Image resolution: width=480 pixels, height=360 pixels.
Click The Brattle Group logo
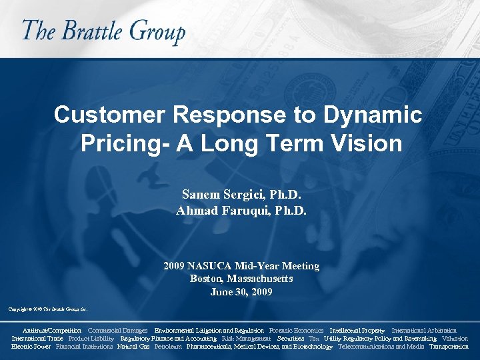pyautogui.click(x=103, y=32)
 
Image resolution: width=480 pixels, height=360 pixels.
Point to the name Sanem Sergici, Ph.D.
pyautogui.click(x=241, y=195)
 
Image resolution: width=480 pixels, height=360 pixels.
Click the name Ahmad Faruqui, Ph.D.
pyautogui.click(x=241, y=211)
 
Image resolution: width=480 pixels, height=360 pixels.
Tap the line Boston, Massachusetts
pyautogui.click(x=241, y=279)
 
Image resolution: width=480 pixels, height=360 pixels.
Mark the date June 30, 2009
pyautogui.click(x=241, y=292)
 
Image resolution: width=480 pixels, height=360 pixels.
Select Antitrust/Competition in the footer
pyautogui.click(x=52, y=331)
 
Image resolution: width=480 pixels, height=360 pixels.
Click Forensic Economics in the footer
pyautogui.click(x=296, y=331)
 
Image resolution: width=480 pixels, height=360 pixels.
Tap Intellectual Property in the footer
pyautogui.click(x=357, y=331)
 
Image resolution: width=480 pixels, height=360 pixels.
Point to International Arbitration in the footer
pyautogui.click(x=424, y=331)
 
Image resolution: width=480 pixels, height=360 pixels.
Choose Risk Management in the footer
pyautogui.click(x=246, y=339)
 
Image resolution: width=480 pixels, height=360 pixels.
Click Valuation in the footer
pyautogui.click(x=455, y=339)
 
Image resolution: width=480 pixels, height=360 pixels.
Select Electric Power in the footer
pyautogui.click(x=31, y=347)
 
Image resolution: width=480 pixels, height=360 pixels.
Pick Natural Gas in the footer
pyautogui.click(x=133, y=347)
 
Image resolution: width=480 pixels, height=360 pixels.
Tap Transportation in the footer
pyautogui.click(x=449, y=347)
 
